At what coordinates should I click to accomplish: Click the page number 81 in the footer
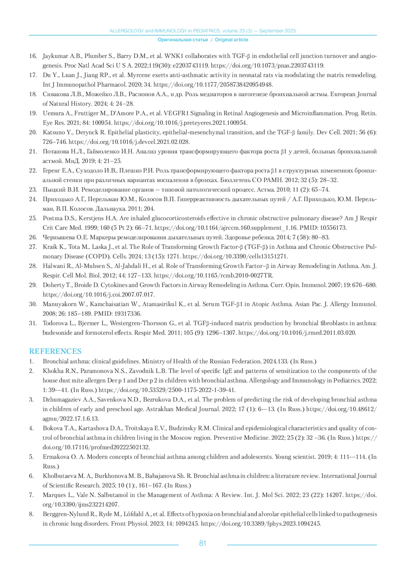point(203,543)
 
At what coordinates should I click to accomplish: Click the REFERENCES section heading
point(55,351)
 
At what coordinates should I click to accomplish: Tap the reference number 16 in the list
point(33,56)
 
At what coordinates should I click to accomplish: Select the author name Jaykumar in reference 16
point(54,56)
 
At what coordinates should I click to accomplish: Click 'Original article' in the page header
point(231,40)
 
